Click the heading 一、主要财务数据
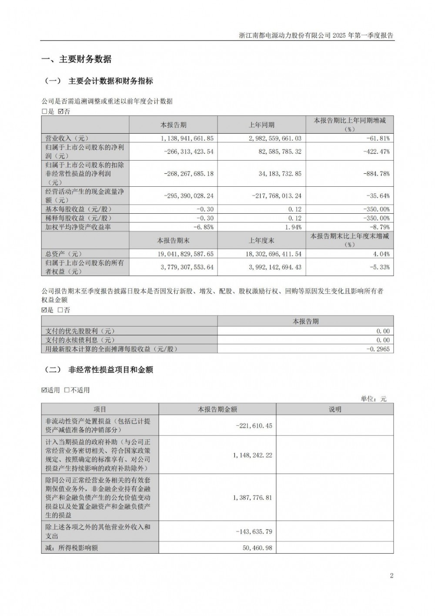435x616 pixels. pyautogui.click(x=76, y=59)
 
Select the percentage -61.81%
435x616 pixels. pyautogui.click(x=378, y=138)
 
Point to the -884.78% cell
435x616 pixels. pyautogui.click(x=377, y=174)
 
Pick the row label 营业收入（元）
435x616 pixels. pyautogui.click(x=64, y=138)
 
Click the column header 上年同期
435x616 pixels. pyautogui.click(x=261, y=125)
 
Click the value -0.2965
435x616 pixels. pyautogui.click(x=378, y=349)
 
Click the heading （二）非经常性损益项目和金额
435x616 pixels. pyautogui.click(x=99, y=370)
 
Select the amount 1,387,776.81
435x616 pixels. pyautogui.click(x=252, y=497)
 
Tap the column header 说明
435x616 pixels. pyautogui.click(x=335, y=409)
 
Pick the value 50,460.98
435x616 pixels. pyautogui.click(x=257, y=548)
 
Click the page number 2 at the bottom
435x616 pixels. pyautogui.click(x=391, y=576)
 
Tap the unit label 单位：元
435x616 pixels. pyautogui.click(x=373, y=398)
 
